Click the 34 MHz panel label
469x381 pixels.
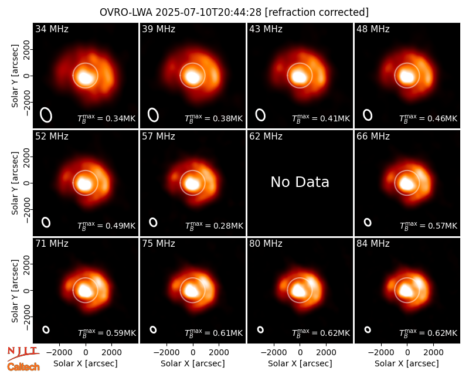tap(52, 29)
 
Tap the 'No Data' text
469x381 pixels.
tap(300, 182)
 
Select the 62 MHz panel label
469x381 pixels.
tap(266, 137)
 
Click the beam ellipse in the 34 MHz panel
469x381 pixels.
tap(46, 115)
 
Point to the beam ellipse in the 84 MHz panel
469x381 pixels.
tap(368, 329)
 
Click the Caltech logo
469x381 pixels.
tap(23, 367)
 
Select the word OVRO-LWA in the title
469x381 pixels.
tap(126, 12)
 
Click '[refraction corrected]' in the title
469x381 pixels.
tap(317, 12)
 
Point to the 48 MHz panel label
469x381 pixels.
tap(373, 29)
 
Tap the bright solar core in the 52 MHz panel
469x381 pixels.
tap(84, 183)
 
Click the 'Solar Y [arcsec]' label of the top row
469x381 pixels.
tap(15, 76)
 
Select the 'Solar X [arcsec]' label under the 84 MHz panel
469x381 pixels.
tap(407, 363)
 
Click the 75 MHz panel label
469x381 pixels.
tap(158, 244)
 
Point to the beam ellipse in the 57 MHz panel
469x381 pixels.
tap(153, 222)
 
